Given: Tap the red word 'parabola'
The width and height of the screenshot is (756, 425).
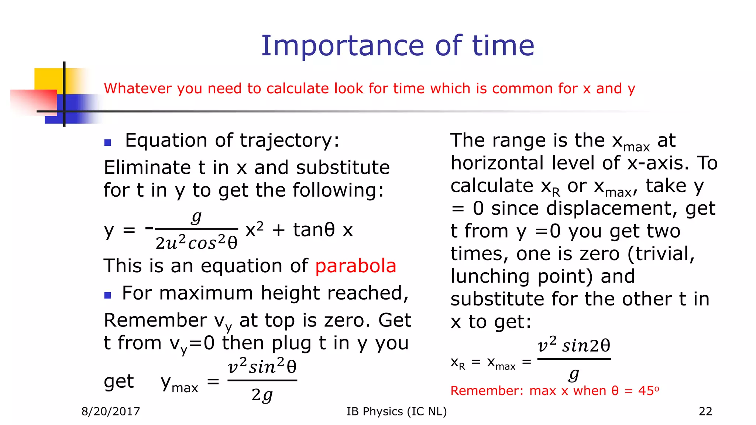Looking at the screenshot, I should (x=355, y=266).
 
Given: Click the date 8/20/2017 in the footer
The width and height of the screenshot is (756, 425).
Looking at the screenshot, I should (x=111, y=411).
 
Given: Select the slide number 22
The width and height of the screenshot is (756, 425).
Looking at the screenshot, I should (x=705, y=411).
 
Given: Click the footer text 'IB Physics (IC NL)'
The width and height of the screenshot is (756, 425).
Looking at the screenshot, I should (x=396, y=411).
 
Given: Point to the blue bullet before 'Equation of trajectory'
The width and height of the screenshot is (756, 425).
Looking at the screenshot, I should (x=108, y=142).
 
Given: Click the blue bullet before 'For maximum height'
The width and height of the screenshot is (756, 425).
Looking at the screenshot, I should (x=108, y=295).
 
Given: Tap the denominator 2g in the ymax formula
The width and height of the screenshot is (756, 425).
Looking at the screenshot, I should (x=262, y=395).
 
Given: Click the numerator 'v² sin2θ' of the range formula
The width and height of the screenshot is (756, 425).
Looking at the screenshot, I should (x=574, y=345).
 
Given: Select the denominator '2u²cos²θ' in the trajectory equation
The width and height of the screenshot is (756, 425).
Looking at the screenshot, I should (x=196, y=243).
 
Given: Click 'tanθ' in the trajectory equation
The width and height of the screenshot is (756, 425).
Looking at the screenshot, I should (x=314, y=230).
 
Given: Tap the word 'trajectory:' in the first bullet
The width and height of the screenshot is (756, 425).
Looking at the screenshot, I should (x=289, y=141).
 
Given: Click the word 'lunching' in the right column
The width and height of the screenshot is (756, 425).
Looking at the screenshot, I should (x=490, y=277).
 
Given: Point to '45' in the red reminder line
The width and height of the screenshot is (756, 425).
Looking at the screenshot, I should (x=646, y=391).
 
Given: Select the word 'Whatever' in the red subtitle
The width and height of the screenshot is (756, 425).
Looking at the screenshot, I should (x=138, y=89).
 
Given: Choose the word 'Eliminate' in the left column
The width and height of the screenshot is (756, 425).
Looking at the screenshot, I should (x=147, y=168).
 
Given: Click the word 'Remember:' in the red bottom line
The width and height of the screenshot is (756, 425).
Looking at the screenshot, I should (x=487, y=391).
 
